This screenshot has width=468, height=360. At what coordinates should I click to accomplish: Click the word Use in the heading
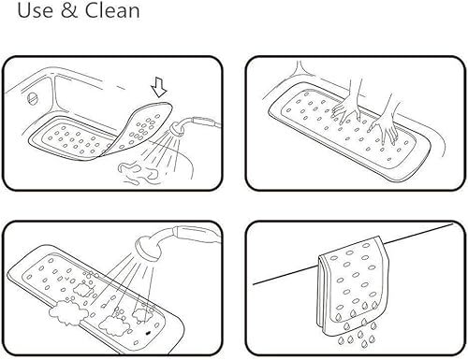point(25,12)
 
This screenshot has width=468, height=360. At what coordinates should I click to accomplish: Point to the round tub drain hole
point(35,96)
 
